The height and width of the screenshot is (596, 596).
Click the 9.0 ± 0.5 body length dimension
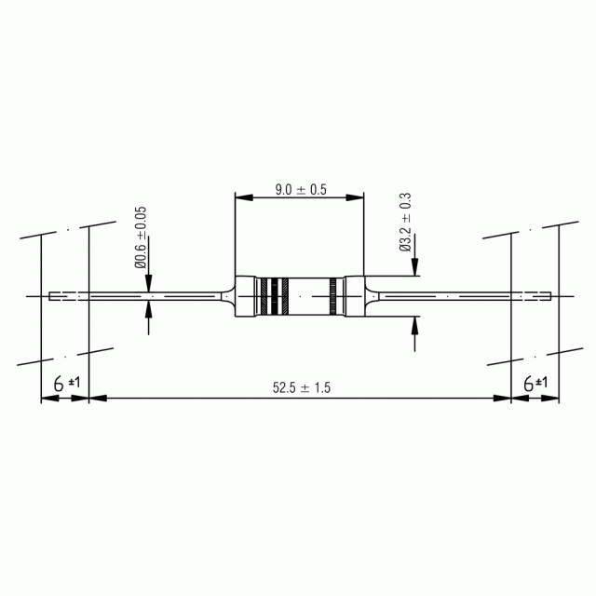[x=301, y=189]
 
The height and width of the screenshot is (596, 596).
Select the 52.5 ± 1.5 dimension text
[x=302, y=387]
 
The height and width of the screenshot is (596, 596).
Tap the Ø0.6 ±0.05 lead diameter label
[x=141, y=237]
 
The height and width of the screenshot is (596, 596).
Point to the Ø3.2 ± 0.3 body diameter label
[x=406, y=222]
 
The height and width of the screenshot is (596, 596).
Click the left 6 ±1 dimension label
[x=67, y=383]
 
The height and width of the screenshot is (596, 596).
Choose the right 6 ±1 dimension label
[x=535, y=383]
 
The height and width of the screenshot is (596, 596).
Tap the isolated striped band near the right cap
[x=333, y=296]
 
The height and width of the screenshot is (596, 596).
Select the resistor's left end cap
[x=245, y=296]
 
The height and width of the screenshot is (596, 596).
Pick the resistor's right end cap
[x=354, y=296]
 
